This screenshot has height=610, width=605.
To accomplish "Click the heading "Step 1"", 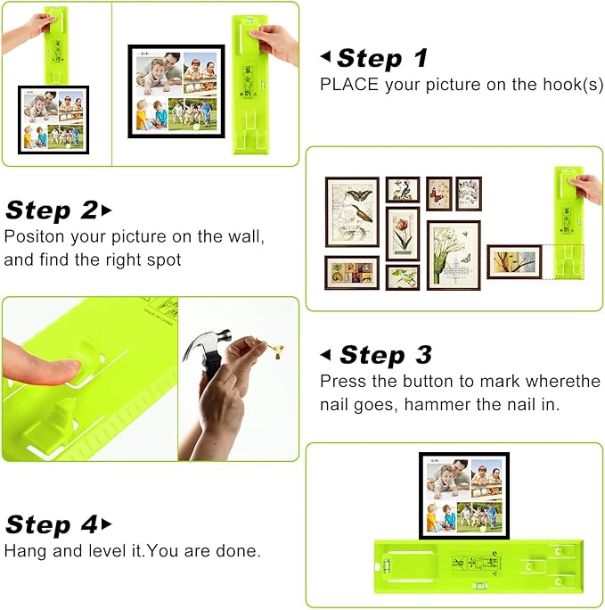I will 381,59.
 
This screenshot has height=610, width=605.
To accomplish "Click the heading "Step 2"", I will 51,210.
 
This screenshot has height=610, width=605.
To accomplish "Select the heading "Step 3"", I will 385,355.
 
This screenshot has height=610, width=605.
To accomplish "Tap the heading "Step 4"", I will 51,523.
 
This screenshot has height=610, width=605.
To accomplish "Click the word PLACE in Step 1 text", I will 345,85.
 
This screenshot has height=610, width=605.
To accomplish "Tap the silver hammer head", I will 202,346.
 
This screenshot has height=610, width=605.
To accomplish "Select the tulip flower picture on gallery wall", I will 403,233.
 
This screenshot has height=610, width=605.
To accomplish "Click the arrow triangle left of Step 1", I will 325,57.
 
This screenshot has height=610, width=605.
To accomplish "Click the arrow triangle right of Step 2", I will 108,210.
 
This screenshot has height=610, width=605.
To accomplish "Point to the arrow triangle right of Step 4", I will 108,523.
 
